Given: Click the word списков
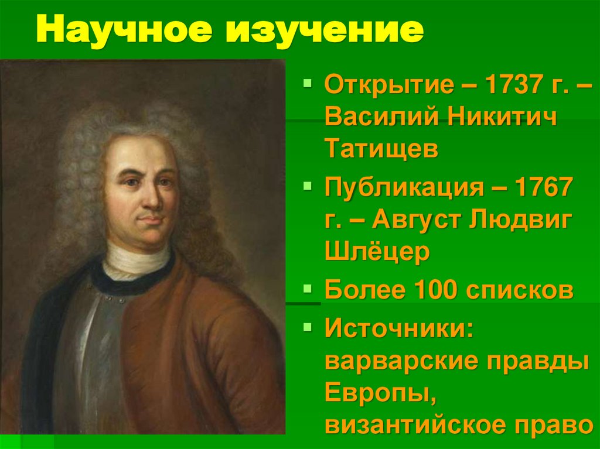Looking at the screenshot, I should click(520, 290).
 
